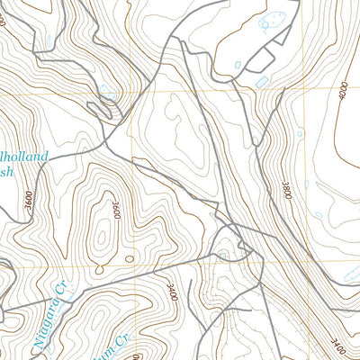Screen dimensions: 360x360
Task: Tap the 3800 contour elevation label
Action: [x=286, y=190]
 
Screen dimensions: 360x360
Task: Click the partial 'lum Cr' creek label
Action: [x=126, y=346]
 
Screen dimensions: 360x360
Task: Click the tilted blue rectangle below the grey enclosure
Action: [x=264, y=82]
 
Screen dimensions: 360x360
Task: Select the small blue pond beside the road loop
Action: [x=107, y=91]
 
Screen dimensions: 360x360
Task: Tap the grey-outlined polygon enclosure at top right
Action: [x=261, y=59]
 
